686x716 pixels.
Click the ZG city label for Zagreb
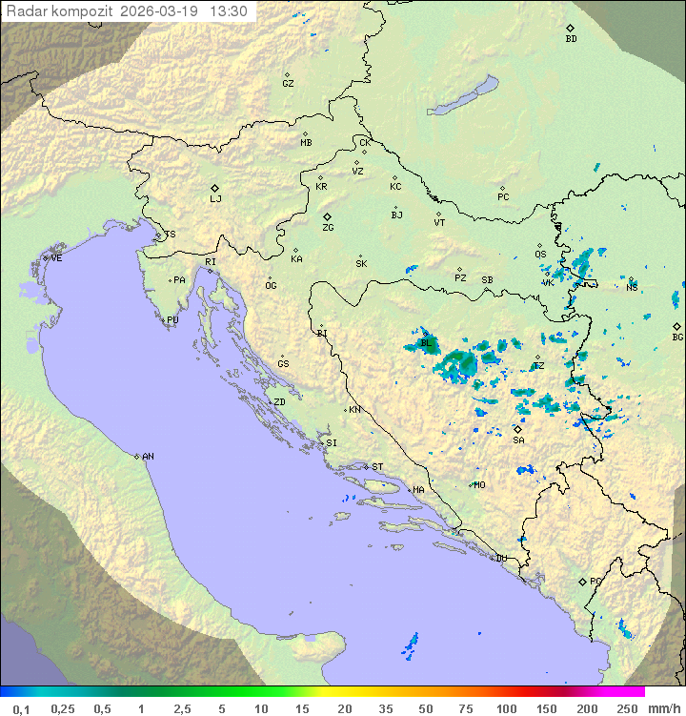(x=328, y=228)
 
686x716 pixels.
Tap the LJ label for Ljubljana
(x=215, y=199)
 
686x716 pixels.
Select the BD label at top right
(x=571, y=39)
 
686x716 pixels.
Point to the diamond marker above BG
(x=676, y=326)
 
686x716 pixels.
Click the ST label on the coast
(x=377, y=467)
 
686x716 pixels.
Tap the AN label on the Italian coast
(x=148, y=457)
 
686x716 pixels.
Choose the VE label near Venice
(x=56, y=258)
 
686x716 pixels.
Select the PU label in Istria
(x=172, y=320)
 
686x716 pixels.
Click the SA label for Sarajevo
(x=518, y=440)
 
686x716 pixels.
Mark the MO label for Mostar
(x=479, y=485)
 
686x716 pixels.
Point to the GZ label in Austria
(x=288, y=84)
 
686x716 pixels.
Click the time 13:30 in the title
(x=229, y=11)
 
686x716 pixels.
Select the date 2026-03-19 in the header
(x=162, y=11)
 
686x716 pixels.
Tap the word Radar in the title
(x=25, y=11)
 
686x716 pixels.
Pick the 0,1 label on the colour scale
(x=21, y=708)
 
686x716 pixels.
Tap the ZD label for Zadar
(x=279, y=402)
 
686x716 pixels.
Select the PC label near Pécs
(x=503, y=197)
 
